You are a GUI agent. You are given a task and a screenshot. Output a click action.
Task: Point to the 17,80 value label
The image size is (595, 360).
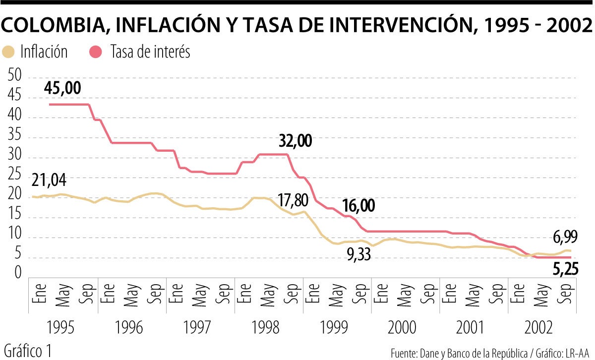pyautogui.click(x=293, y=200)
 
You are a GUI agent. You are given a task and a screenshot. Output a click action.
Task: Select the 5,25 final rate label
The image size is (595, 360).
pyautogui.click(x=564, y=270)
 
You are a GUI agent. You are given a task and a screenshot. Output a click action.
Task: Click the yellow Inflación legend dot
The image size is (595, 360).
pyautogui.click(x=9, y=52)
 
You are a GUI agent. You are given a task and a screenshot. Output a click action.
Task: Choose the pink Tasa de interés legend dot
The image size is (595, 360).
pyautogui.click(x=97, y=52)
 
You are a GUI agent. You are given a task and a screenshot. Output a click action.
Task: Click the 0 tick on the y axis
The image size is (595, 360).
pyautogui.click(x=18, y=273)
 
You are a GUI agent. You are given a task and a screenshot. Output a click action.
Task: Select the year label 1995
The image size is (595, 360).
pyautogui.click(x=62, y=328)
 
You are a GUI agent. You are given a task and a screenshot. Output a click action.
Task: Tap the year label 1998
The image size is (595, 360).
pyautogui.click(x=268, y=328)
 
